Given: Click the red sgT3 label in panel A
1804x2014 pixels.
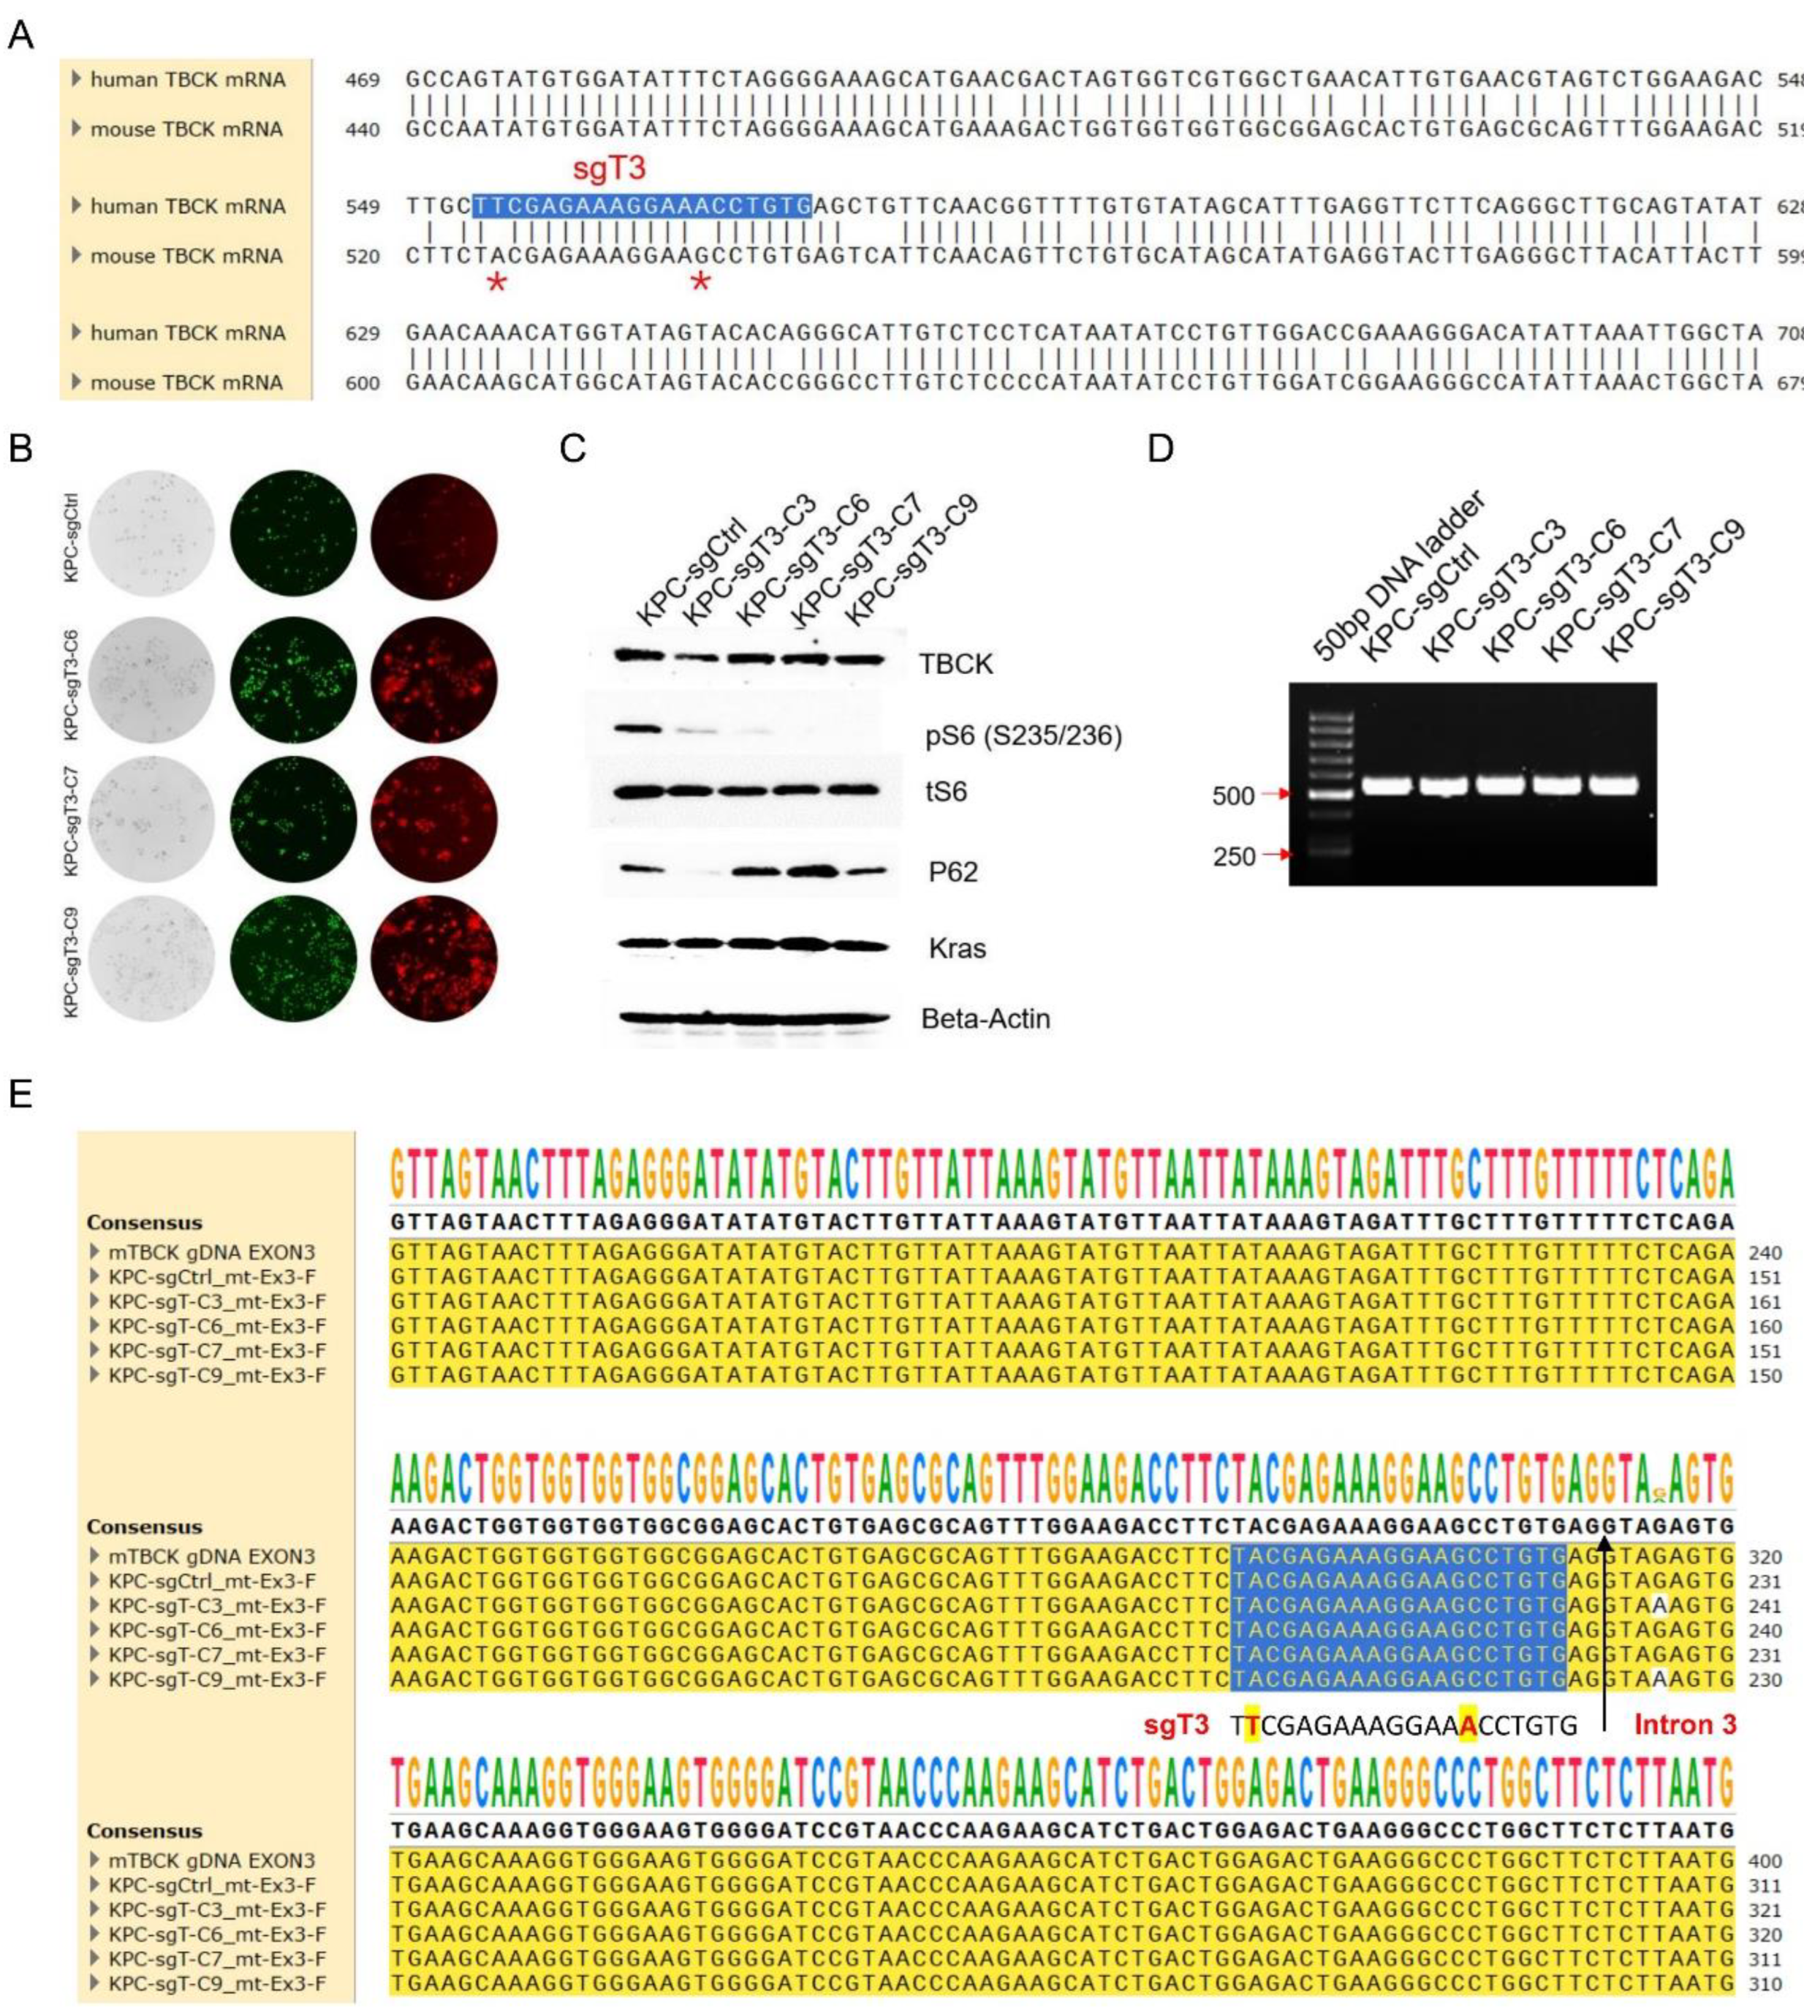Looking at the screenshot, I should click(609, 168).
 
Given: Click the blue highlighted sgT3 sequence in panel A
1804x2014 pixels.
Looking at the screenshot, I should click(641, 206).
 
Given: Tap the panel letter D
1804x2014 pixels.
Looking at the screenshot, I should click(1160, 449).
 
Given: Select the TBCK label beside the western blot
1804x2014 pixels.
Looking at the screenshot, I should click(955, 664).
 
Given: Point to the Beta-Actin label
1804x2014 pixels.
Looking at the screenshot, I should click(985, 1019).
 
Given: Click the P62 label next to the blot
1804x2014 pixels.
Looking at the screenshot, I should click(952, 872).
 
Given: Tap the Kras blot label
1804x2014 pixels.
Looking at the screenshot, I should click(957, 949).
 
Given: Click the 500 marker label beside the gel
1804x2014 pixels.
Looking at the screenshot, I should click(1233, 796).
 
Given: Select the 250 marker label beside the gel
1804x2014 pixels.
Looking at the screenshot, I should click(1233, 856).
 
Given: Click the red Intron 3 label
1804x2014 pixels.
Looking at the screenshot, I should click(1685, 1725).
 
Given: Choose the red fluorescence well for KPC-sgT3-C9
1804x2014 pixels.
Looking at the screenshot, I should click(434, 958).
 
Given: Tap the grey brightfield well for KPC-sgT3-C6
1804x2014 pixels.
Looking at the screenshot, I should click(151, 680).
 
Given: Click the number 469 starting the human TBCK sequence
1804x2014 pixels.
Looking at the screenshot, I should click(362, 79).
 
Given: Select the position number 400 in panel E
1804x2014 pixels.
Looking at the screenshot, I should click(1765, 1861).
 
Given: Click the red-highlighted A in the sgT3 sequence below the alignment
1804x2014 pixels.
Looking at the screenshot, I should click(1468, 1727).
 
